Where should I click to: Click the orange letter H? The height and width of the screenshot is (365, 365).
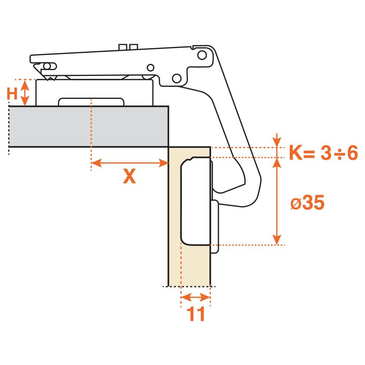12,93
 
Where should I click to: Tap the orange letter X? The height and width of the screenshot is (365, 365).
130,176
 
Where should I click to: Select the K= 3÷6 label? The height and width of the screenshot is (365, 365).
323,153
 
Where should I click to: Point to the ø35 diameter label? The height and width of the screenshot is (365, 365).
307,203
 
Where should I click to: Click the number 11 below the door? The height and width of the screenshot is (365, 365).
196,314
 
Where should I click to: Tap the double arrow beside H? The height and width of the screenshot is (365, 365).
25,93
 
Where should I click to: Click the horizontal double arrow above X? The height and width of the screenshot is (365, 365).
130,163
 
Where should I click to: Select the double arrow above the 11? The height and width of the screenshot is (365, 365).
196,297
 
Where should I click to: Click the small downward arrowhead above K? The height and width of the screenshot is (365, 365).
277,142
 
